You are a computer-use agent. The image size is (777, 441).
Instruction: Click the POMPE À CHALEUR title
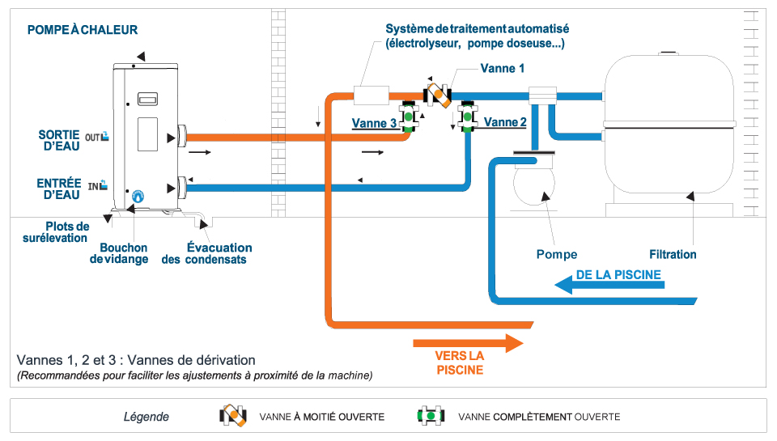tap(83, 30)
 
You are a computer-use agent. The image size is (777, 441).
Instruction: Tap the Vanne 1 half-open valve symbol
tap(439, 95)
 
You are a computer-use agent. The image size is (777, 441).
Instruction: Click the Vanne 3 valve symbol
tap(410, 117)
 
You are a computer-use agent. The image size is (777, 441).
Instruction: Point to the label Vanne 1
tap(503, 69)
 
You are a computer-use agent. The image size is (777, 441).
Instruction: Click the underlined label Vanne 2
tap(506, 122)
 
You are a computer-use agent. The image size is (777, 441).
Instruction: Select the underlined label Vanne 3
tap(374, 124)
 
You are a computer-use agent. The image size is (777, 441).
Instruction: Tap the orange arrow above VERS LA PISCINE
tap(469, 342)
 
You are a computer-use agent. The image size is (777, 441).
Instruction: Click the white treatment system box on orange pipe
tap(373, 95)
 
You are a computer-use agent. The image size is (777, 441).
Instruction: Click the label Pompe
tap(557, 254)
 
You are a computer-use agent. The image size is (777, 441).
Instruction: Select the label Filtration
tap(673, 254)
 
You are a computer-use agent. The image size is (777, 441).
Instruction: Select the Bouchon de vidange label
tap(124, 253)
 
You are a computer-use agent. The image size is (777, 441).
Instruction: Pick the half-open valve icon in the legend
tap(234, 416)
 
